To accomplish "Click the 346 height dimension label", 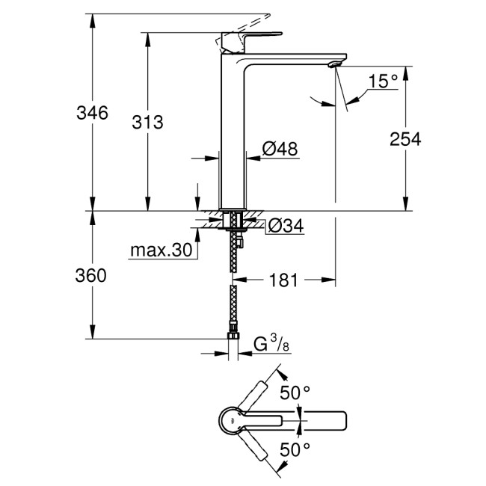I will coord(93,114).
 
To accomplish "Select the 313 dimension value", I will coord(148,123).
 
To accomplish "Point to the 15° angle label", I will coord(383,81).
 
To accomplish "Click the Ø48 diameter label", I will coord(280,149).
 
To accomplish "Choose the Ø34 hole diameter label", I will coord(284,225).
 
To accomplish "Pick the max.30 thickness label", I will coord(160,250).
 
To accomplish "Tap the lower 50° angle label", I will coord(295,449).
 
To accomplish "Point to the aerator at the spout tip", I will coord(334,65).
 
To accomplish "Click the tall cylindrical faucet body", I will coord(232,135).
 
